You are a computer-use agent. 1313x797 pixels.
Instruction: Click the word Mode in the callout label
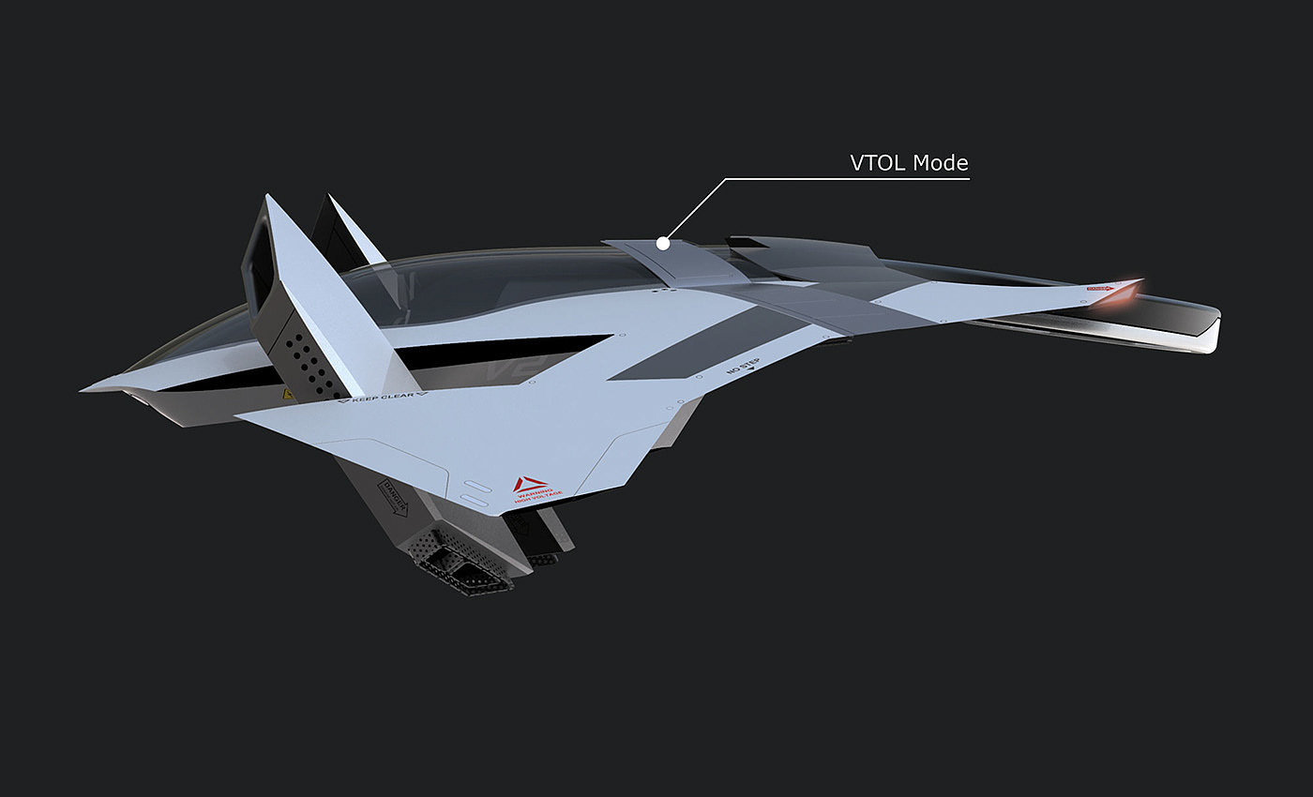coord(941,162)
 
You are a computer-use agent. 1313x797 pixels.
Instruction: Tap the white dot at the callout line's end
coord(663,243)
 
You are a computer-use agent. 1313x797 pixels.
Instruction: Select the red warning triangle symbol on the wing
coord(530,484)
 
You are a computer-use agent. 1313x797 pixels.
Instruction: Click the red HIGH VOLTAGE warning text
coord(539,493)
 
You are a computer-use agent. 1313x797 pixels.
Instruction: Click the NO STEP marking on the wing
coord(742,371)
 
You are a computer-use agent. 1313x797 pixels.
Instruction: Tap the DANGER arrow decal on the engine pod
coord(394,496)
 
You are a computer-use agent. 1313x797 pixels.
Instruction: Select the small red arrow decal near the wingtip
coord(1099,289)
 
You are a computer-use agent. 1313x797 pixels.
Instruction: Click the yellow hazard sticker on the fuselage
coord(287,396)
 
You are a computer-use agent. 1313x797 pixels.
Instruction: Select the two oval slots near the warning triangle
coord(477,494)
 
